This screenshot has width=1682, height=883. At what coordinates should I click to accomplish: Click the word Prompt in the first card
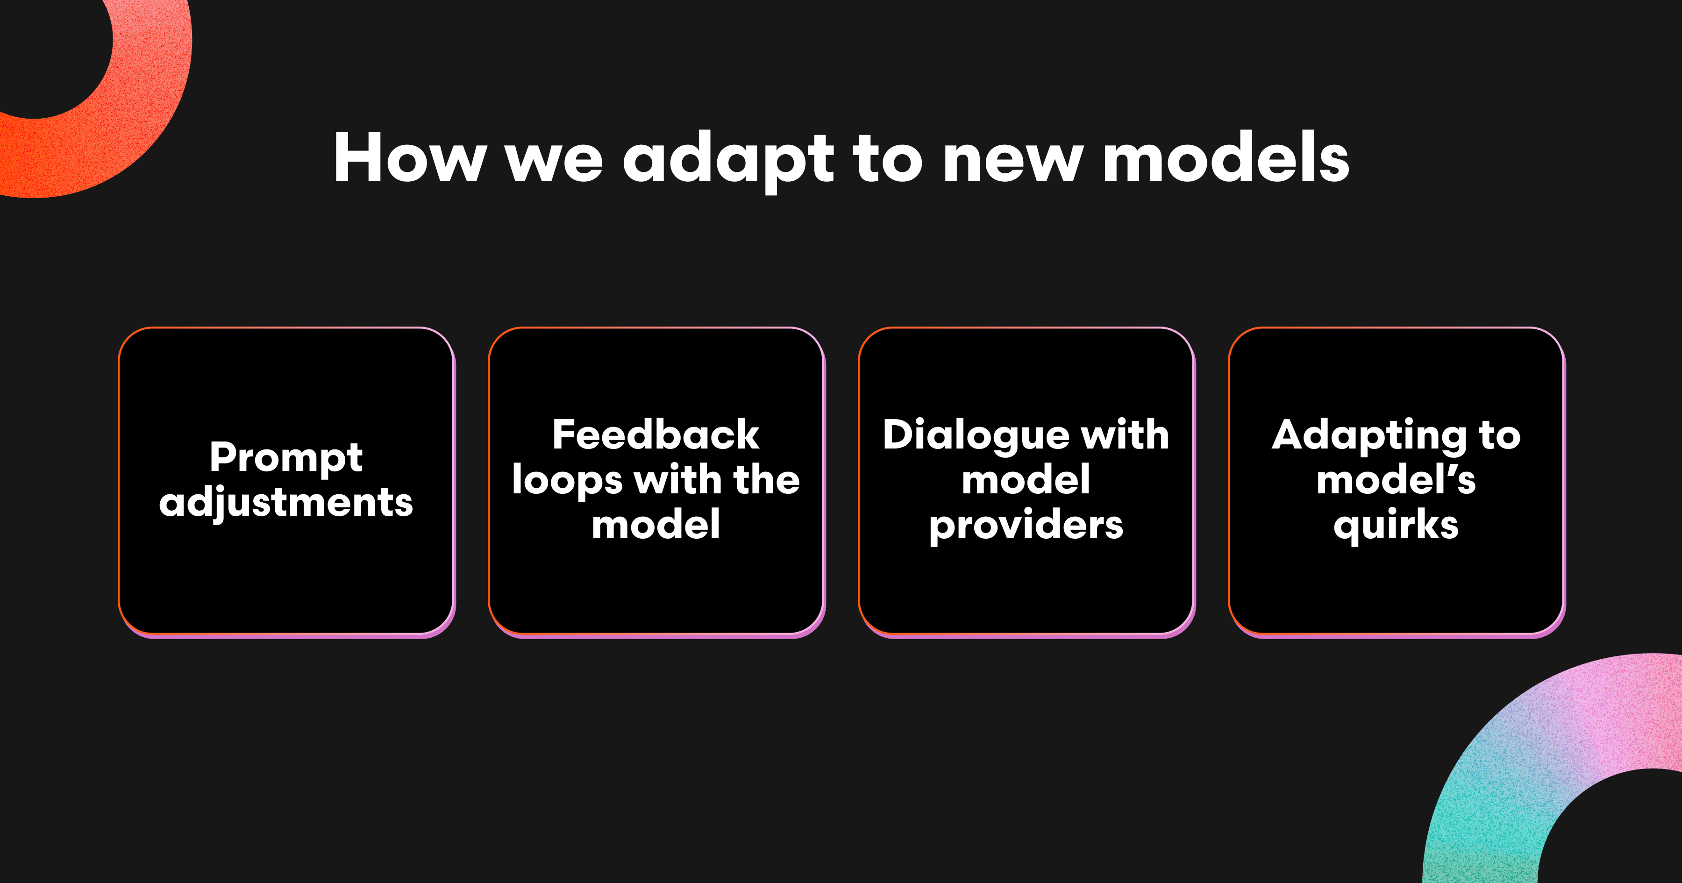coord(286,458)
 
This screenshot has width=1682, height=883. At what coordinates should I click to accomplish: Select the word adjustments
coord(286,502)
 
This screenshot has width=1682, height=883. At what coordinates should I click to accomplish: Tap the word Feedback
coord(656,434)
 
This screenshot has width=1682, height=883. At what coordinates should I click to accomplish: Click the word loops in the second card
coord(567,481)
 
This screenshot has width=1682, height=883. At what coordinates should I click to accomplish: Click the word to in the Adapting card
coord(1500,436)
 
